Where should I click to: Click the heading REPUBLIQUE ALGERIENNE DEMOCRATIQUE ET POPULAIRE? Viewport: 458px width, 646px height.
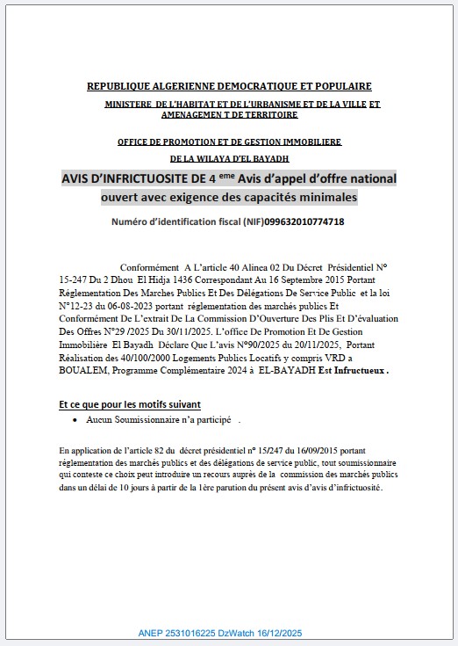tap(228, 86)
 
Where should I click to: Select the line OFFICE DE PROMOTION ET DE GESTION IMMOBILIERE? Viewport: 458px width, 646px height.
tap(229, 142)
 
